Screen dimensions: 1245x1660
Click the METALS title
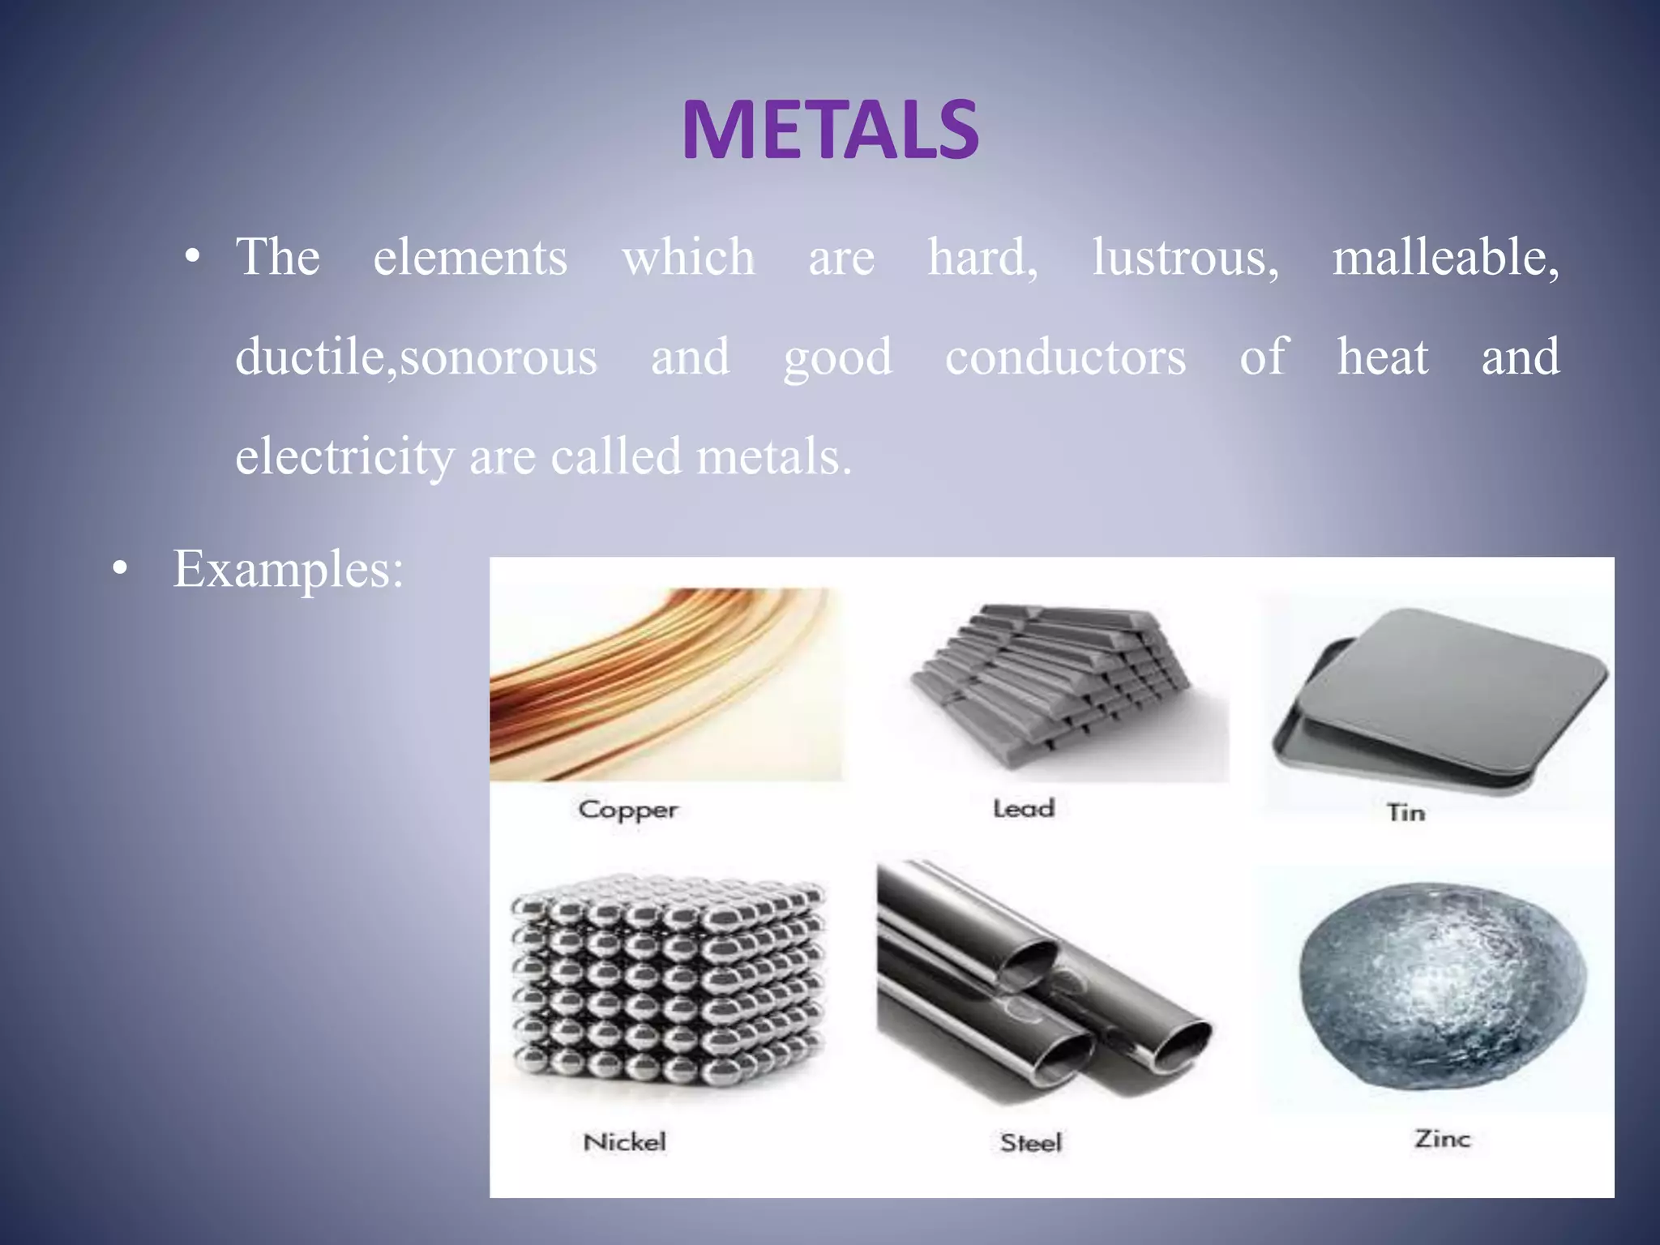click(x=830, y=130)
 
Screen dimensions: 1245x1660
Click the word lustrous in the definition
click(x=1185, y=258)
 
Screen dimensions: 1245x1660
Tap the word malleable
click(x=1445, y=258)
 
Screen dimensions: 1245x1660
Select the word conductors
click(x=1065, y=357)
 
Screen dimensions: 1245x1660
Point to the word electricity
click(x=344, y=456)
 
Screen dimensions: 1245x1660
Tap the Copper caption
click(x=628, y=810)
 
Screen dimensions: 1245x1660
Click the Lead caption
click(x=1024, y=808)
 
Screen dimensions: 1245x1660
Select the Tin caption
click(x=1405, y=812)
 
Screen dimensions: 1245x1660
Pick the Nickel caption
click(x=624, y=1142)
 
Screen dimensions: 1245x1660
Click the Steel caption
click(x=1030, y=1143)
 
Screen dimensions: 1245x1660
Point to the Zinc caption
click(x=1442, y=1139)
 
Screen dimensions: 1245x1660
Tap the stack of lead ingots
click(x=1054, y=685)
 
